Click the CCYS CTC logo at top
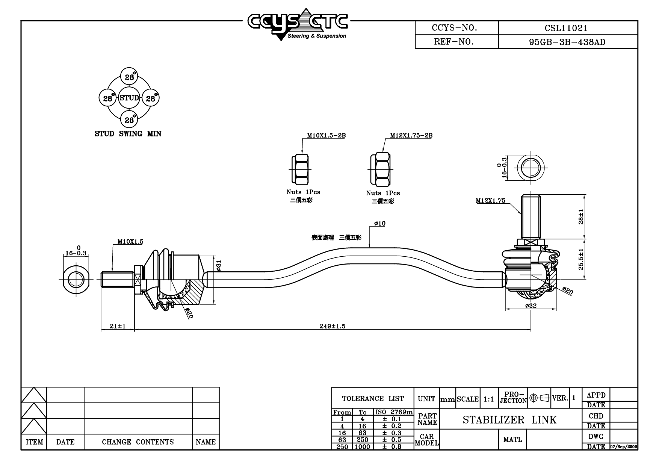coord(298,24)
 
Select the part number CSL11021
coord(566,28)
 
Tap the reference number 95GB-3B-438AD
coord(567,42)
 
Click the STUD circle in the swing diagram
coord(129,98)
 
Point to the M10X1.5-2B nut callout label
coord(326,135)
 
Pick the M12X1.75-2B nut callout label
coord(411,135)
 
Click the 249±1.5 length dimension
coord(332,326)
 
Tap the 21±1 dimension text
coord(118,326)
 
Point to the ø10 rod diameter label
coord(380,224)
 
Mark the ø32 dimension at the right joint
coord(531,306)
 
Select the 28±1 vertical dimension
coord(581,217)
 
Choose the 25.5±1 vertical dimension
coord(581,259)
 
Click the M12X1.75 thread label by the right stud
coord(490,201)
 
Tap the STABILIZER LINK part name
coord(509,420)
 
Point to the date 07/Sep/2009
coord(624,447)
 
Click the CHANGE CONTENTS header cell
coord(138,442)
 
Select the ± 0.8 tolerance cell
coord(392,447)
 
